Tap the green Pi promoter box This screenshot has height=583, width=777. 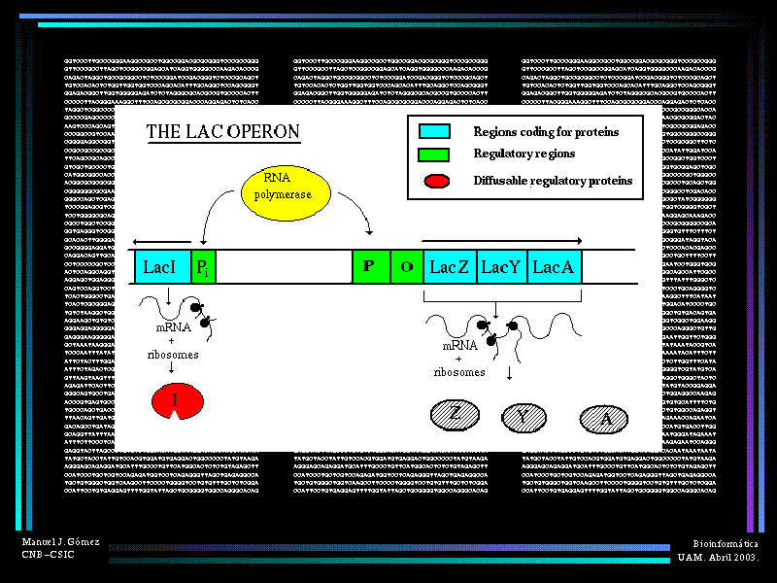click(203, 266)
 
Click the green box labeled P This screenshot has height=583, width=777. click(370, 266)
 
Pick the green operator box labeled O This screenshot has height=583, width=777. click(407, 266)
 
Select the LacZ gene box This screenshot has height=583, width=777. click(450, 266)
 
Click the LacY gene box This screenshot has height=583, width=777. click(502, 266)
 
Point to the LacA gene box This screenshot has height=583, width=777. click(555, 266)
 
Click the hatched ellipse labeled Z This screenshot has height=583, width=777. click(456, 416)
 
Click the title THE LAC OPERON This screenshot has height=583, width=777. click(222, 132)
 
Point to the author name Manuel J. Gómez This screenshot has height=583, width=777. click(60, 541)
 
